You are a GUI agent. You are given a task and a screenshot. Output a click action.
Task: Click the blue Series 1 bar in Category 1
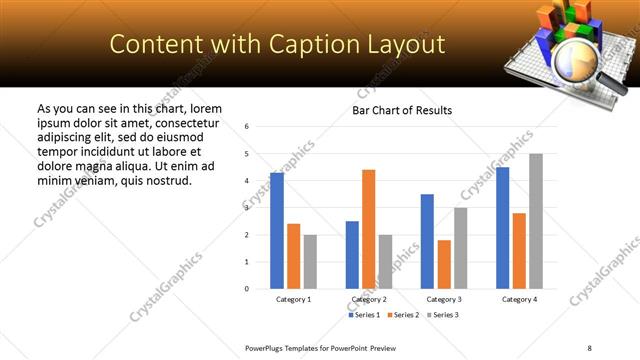tap(277, 231)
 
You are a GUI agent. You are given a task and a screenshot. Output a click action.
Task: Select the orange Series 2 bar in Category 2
tap(369, 229)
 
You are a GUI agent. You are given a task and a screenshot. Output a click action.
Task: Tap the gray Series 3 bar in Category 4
tap(536, 221)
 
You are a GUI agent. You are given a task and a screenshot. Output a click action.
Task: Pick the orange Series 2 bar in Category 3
tap(444, 264)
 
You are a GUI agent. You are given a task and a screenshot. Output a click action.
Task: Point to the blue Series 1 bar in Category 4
tap(502, 228)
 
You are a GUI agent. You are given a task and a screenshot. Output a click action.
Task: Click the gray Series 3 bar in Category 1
tap(310, 262)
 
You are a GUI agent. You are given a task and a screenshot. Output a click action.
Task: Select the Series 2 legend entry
tap(402, 315)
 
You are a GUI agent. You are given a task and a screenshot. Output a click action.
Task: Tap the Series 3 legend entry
tap(442, 315)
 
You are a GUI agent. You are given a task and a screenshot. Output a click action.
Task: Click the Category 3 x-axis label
tap(444, 299)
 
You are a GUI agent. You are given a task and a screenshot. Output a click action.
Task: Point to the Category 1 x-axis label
tap(293, 299)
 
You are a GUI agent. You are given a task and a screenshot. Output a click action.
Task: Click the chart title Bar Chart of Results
tap(402, 110)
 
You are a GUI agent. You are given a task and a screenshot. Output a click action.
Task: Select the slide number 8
tap(589, 347)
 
